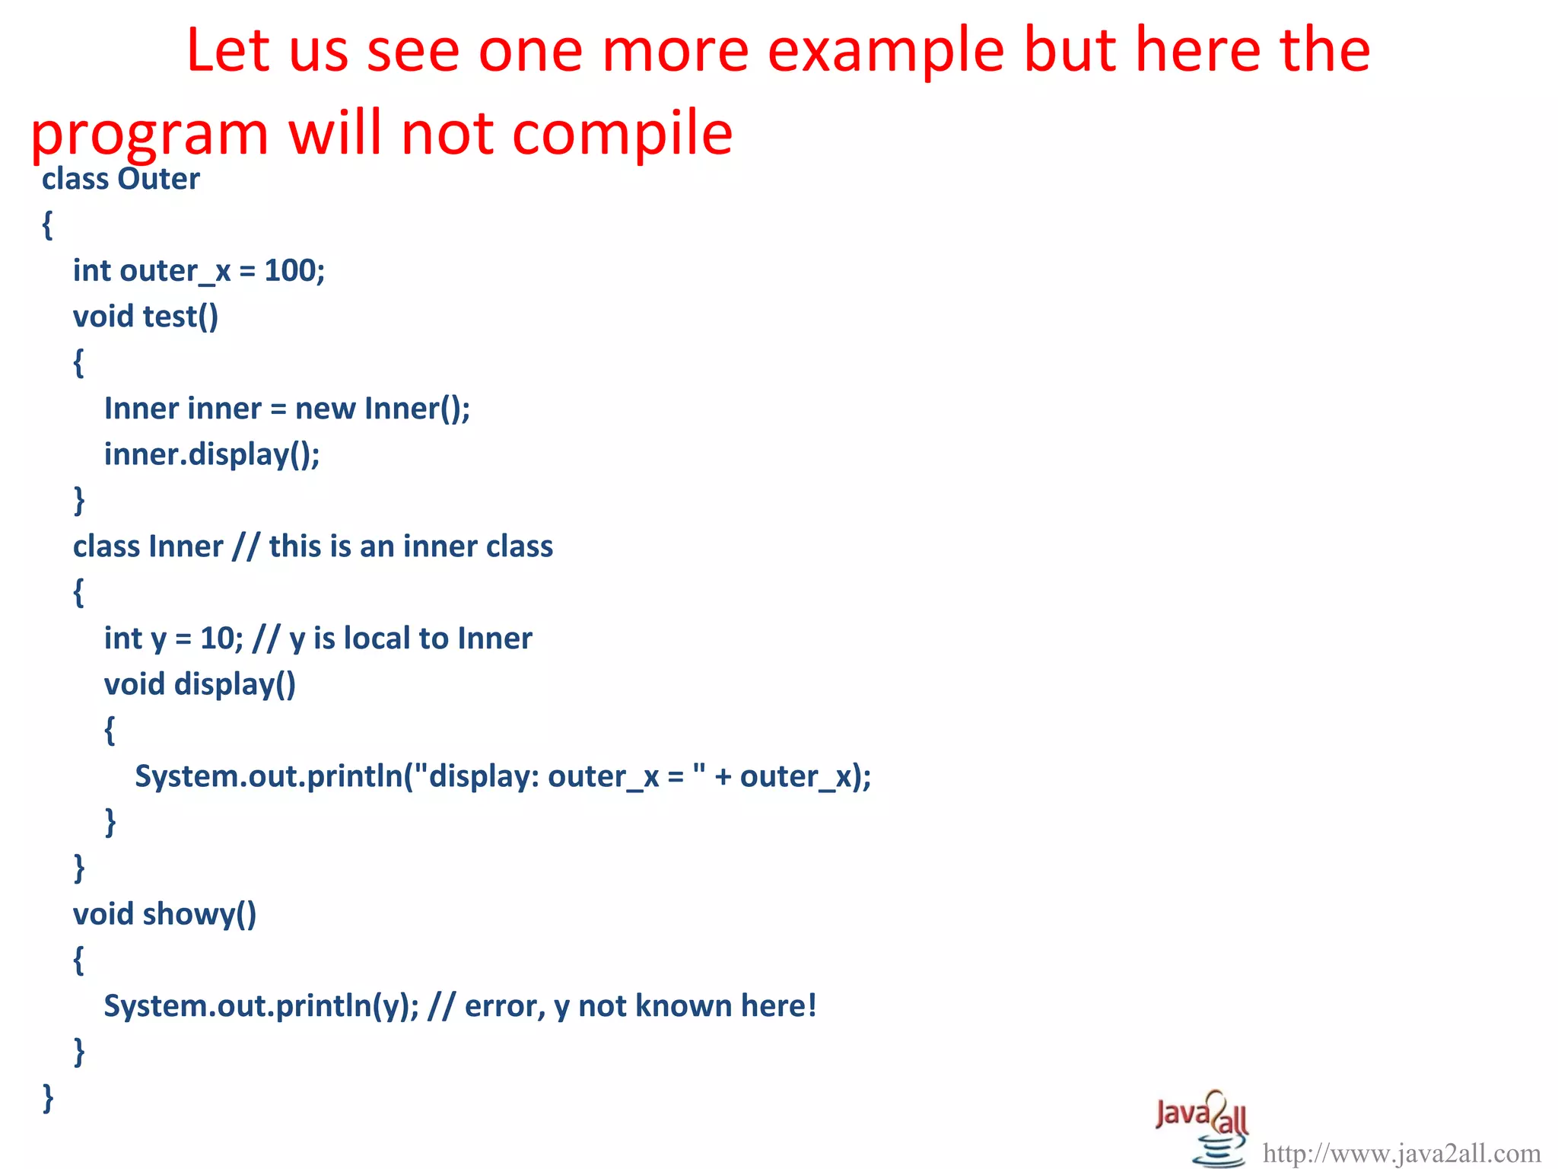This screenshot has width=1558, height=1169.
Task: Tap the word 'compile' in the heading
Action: click(x=622, y=134)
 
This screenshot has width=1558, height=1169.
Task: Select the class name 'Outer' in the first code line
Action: click(x=158, y=180)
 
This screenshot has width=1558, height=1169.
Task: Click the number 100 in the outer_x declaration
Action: click(x=291, y=271)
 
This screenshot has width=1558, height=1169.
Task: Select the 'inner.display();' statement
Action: click(x=211, y=454)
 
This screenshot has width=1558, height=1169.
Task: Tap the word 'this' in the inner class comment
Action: click(x=294, y=546)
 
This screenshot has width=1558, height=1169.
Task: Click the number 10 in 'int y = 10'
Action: click(x=218, y=639)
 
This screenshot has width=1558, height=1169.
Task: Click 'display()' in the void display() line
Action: click(x=234, y=684)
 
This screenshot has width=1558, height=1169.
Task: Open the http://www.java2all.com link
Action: click(x=1401, y=1154)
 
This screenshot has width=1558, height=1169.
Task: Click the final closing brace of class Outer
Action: click(x=48, y=1097)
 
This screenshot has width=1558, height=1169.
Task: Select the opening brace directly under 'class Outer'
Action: click(x=47, y=225)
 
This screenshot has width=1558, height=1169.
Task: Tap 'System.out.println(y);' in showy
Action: click(x=261, y=1006)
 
